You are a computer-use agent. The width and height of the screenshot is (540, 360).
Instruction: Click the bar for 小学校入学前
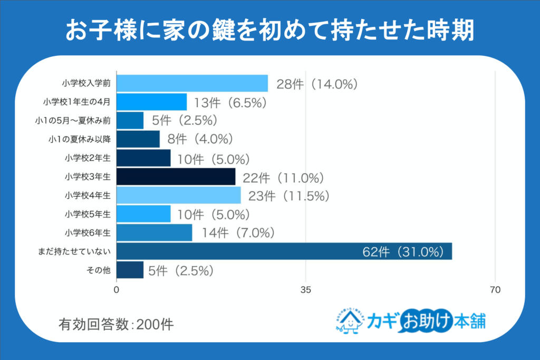point(192,83)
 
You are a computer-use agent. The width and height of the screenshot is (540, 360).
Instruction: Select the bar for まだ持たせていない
point(284,251)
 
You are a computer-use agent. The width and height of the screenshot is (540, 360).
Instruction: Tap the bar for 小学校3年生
point(176,177)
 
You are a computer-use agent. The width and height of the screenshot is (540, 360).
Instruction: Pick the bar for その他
point(130,270)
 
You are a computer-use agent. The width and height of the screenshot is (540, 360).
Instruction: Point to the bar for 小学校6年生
point(154,232)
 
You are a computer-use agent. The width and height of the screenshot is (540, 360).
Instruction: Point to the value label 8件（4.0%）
point(200,140)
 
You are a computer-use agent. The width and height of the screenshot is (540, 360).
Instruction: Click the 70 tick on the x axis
point(495,289)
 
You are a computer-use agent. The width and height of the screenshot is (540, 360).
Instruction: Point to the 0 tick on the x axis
point(117,289)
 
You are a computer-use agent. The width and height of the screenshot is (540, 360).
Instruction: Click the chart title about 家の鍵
point(269,31)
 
